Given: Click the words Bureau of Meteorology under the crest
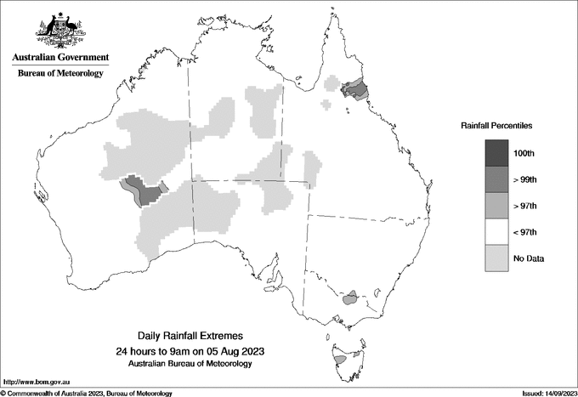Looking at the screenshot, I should (60, 74).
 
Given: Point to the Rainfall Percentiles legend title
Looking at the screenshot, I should (496, 125).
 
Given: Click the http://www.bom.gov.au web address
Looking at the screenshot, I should (37, 383).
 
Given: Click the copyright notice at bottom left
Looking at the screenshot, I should (87, 393).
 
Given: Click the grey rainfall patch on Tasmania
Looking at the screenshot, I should (339, 360).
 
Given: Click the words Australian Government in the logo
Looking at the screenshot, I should (60, 58).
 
